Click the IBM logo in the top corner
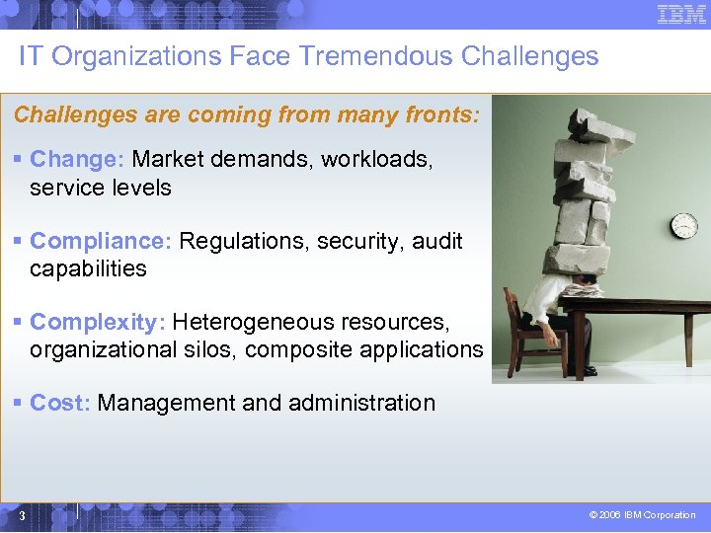(681, 14)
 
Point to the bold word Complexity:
(98, 322)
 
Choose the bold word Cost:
(61, 403)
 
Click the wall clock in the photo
(683, 226)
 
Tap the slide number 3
(22, 515)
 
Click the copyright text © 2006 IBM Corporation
(642, 515)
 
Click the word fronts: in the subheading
(441, 114)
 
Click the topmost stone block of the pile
(594, 122)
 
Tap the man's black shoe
(590, 370)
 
